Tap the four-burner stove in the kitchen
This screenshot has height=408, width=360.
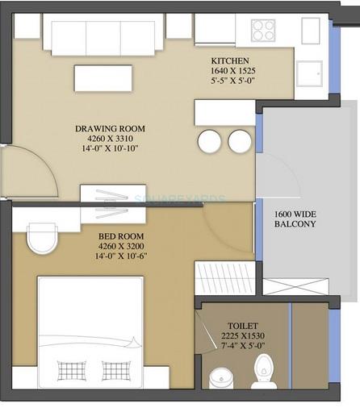pos(263,30)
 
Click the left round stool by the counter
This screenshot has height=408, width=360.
pos(209,142)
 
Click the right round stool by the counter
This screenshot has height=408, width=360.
pos(240,142)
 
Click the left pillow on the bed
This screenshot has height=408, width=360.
pos(72,370)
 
